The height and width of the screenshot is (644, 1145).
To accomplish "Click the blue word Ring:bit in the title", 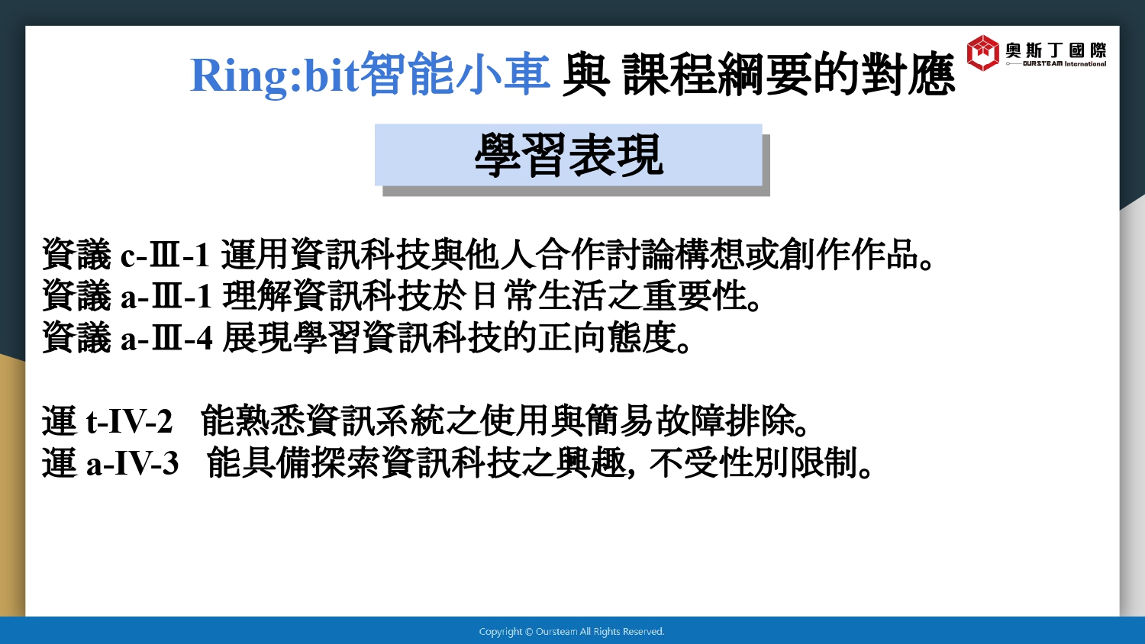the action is point(275,75).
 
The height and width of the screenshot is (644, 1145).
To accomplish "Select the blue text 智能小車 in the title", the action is point(456,74).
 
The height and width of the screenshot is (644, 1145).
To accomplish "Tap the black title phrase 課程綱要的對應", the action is point(789,74).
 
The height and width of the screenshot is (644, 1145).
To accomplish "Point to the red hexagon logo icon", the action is point(982,53).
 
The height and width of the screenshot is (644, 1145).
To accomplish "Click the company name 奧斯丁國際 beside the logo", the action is point(1056,50).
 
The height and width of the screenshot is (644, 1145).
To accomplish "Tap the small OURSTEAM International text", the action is point(1064,64).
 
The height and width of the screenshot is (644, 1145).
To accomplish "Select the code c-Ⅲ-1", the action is point(165,255).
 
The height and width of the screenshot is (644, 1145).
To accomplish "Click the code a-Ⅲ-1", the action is point(166,297).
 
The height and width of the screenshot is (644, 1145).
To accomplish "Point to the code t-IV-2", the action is point(129,422).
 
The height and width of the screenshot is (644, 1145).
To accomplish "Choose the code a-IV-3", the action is point(132,464).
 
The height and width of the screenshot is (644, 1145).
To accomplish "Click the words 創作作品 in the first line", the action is point(849,254).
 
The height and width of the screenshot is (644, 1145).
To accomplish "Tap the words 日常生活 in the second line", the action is point(539,296).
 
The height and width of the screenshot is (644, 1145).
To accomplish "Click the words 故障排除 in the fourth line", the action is point(725,422).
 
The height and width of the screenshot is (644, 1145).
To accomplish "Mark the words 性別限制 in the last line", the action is point(788,464).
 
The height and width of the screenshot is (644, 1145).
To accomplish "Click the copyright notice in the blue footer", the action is point(572,632).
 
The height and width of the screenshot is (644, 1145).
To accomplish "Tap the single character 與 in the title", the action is point(585,74).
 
